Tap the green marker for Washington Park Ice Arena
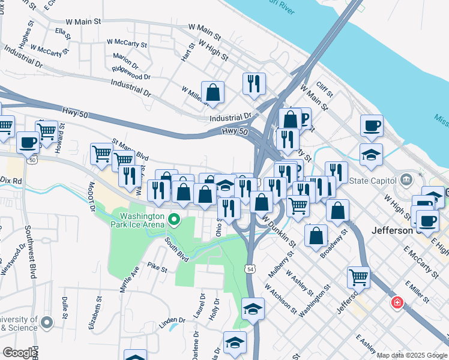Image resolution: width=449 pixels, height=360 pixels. point(175,220)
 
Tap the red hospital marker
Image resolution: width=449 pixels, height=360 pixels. point(396,302)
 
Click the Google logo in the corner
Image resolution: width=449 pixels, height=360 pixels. point(20,353)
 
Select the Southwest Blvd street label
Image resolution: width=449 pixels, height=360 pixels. point(29,251)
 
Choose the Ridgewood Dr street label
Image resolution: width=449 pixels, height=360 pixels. point(131,77)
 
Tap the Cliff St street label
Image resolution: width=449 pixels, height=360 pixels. point(325,91)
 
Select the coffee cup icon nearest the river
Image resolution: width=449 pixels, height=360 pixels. point(372,125)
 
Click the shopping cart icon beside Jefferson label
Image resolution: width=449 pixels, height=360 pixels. point(358,277)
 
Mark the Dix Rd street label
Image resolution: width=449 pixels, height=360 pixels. point(10,179)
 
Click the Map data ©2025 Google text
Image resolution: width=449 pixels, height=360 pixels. point(412,355)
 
